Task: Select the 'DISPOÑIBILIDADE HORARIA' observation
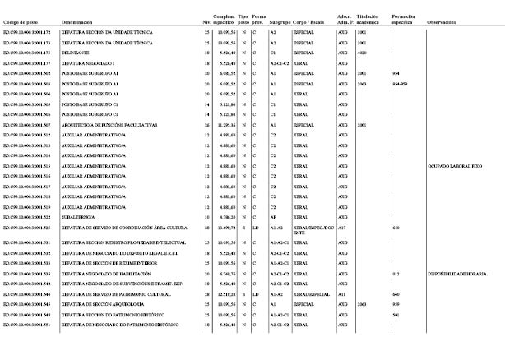click(457, 273)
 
